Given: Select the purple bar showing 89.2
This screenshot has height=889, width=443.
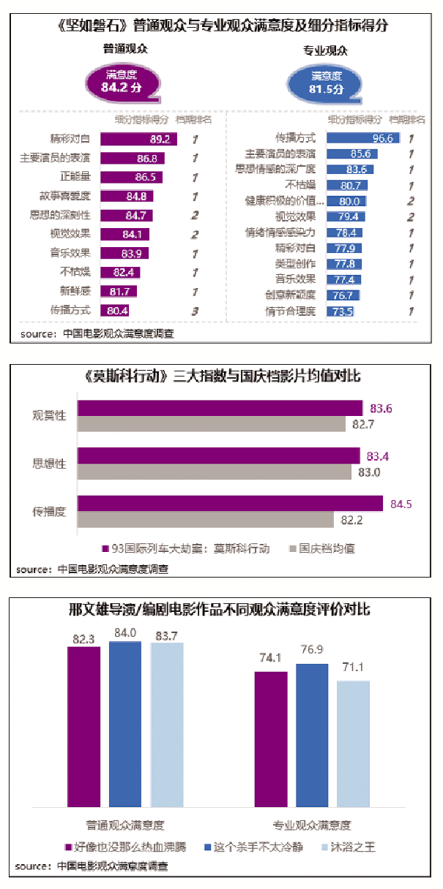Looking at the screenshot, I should click(138, 139).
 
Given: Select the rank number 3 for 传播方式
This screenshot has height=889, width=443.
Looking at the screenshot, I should click(196, 311).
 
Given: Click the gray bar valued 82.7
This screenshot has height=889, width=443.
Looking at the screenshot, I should click(211, 424).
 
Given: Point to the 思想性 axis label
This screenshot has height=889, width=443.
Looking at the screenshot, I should click(49, 463).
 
